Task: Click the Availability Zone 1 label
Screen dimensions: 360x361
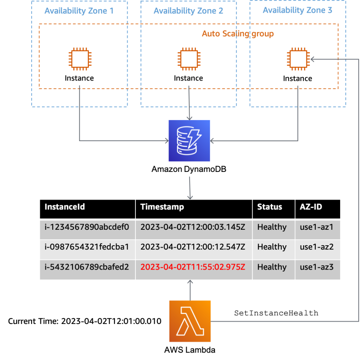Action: coord(79,11)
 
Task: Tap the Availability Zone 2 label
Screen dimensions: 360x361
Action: coord(188,11)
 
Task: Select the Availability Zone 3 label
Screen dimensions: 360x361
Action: coord(297,10)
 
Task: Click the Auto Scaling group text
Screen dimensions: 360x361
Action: coord(238,34)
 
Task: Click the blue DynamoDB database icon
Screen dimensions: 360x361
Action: coord(189,141)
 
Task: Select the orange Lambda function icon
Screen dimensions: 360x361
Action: coord(190,321)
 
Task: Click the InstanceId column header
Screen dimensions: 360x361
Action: coord(65,207)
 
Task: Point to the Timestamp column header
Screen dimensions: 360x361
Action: coord(162,207)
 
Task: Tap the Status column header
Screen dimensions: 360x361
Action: coord(270,207)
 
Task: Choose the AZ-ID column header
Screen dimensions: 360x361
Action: coord(311,207)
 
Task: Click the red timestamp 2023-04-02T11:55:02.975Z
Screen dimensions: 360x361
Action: coord(192,267)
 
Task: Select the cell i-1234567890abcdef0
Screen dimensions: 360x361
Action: coord(87,227)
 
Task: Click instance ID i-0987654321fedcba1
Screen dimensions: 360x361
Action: coord(87,247)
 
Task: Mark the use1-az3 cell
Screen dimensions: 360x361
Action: coord(317,267)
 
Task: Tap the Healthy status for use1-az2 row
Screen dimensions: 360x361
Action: coord(272,247)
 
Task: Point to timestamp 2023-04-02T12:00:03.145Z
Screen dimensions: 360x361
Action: coord(192,227)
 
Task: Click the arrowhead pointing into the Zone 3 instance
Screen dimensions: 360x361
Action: coord(312,59)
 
